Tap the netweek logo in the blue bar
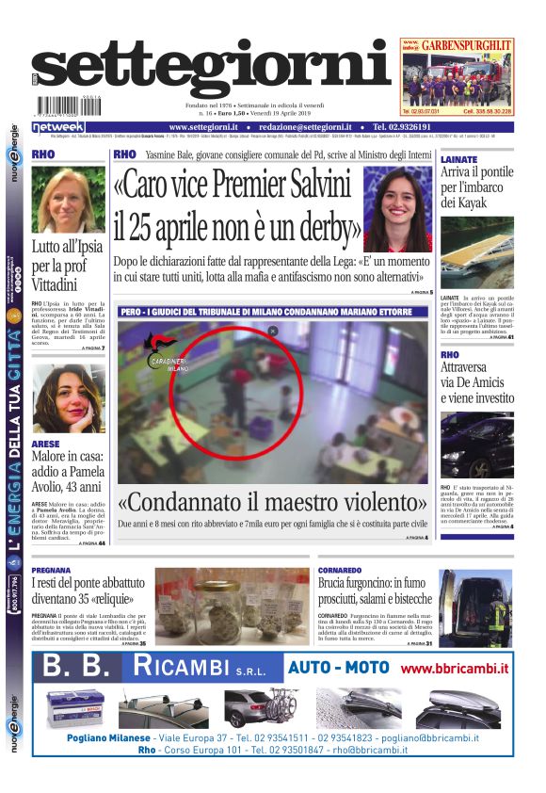tap(58, 127)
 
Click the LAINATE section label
tap(458, 160)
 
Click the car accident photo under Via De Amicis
tap(476, 444)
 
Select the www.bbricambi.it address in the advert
tap(454, 669)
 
